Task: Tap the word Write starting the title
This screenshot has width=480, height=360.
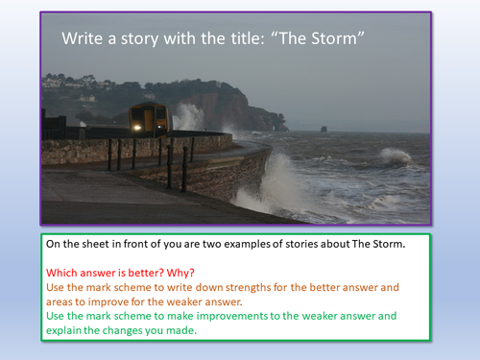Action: click(x=84, y=40)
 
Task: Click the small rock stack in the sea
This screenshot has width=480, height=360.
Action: click(x=323, y=129)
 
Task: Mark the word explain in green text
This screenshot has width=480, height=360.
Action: click(x=71, y=332)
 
